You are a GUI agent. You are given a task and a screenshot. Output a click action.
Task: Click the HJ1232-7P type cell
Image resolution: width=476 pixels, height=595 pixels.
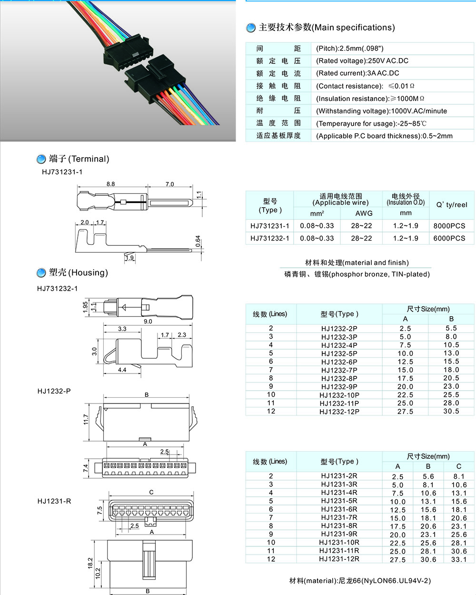coord(339,370)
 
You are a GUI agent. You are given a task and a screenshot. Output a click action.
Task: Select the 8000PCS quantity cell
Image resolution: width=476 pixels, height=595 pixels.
coord(449,226)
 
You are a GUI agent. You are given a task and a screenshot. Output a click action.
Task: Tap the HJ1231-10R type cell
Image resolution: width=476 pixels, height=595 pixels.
coord(339,542)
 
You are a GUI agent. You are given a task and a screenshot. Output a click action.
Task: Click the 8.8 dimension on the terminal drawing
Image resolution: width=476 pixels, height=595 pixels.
coord(110,184)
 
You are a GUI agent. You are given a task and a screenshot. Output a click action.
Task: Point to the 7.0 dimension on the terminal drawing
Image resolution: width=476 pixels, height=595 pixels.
coord(169,184)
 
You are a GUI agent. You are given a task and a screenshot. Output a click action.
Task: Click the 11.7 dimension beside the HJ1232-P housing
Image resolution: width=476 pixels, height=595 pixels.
coord(86,419)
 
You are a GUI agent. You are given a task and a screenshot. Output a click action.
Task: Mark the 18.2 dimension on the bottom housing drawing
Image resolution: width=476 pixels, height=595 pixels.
coord(90,563)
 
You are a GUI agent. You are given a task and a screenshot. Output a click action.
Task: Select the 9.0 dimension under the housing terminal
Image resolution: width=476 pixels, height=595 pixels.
coord(148,322)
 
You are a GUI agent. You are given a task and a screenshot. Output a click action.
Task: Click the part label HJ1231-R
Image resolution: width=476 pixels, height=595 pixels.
coord(54,501)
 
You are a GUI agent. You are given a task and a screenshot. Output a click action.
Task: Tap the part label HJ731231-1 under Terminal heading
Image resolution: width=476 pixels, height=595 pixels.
coord(62,172)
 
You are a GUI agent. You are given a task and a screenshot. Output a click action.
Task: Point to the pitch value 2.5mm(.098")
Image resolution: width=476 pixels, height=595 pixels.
coord(350,49)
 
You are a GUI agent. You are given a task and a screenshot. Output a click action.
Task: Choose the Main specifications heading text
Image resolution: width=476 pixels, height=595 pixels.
coord(327,28)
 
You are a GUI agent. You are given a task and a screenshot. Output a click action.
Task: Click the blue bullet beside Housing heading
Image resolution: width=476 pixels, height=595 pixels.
coord(41,273)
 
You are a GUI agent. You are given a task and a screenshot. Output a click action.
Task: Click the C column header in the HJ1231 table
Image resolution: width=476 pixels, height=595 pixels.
coord(458,466)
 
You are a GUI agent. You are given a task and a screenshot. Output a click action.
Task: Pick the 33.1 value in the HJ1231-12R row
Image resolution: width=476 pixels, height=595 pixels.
coord(458,559)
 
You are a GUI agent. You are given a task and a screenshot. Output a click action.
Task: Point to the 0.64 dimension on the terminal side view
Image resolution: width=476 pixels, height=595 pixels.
coord(198,242)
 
